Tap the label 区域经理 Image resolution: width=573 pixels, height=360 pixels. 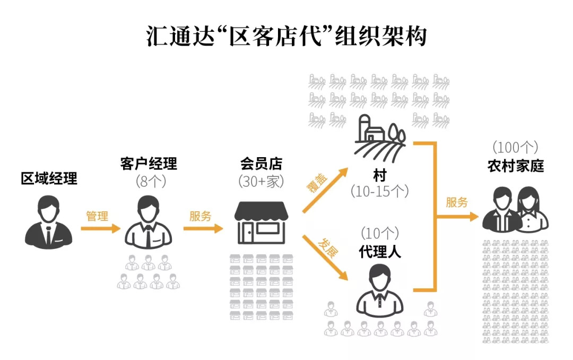[x=49, y=178]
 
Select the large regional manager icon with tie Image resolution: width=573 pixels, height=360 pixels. [x=48, y=222]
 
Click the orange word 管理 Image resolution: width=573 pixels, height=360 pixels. [x=97, y=216]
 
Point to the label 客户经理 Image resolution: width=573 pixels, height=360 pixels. [x=149, y=164]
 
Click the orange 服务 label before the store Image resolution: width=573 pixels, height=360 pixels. [x=201, y=216]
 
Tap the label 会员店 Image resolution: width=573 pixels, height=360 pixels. [x=260, y=164]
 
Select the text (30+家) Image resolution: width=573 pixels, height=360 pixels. [x=261, y=182]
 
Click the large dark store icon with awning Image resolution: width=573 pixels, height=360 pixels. [x=261, y=222]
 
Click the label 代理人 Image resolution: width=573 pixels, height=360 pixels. [x=380, y=251]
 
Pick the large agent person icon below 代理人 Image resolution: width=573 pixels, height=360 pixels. [x=380, y=290]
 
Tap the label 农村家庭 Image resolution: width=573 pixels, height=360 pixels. [x=516, y=166]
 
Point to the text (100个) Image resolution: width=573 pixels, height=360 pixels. [x=515, y=148]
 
